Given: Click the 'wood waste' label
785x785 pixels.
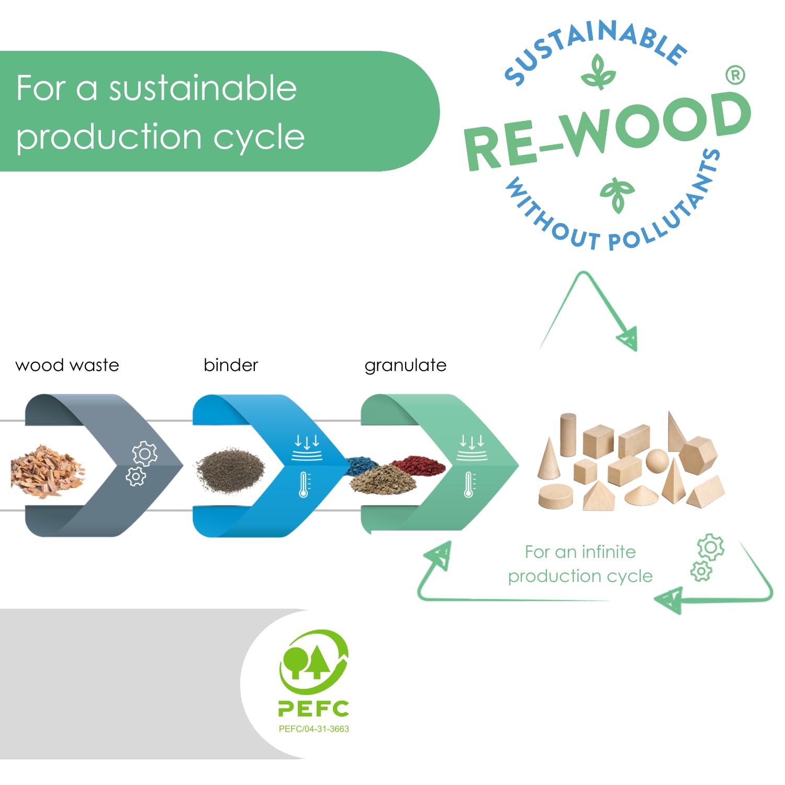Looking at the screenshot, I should pyautogui.click(x=67, y=365).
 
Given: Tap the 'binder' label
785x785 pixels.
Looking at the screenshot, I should pyautogui.click(x=231, y=365).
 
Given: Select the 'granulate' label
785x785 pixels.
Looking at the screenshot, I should pyautogui.click(x=405, y=365).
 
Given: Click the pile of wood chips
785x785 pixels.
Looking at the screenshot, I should pyautogui.click(x=47, y=470).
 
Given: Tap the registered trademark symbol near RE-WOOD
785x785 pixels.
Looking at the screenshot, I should pyautogui.click(x=735, y=75).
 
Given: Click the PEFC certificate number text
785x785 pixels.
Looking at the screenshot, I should pyautogui.click(x=313, y=729).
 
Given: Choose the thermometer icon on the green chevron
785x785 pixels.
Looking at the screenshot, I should pyautogui.click(x=470, y=484).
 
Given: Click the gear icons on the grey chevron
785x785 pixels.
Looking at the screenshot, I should pyautogui.click(x=140, y=463).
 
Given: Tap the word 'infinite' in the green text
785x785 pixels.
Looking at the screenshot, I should pyautogui.click(x=608, y=552).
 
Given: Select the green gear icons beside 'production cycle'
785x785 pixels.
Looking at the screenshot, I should pyautogui.click(x=707, y=557).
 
